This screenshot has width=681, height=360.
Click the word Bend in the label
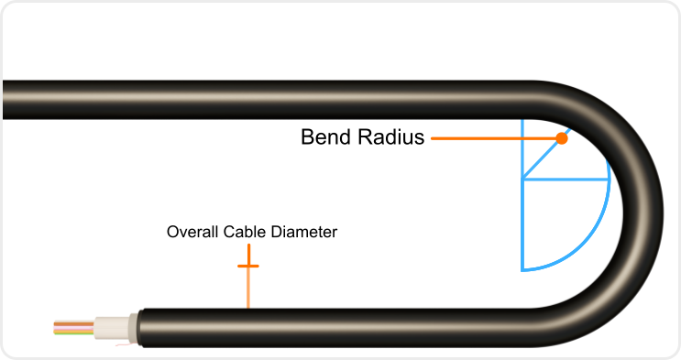pyautogui.click(x=324, y=138)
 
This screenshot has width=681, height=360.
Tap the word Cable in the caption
pyautogui.click(x=243, y=233)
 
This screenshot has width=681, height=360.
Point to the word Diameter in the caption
pyautogui.click(x=304, y=233)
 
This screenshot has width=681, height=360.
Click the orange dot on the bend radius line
pyautogui.click(x=561, y=138)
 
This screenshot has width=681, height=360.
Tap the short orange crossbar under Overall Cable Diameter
pyautogui.click(x=248, y=266)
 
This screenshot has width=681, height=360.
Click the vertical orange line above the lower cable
pyautogui.click(x=248, y=289)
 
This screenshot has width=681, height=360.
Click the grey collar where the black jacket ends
pyautogui.click(x=133, y=328)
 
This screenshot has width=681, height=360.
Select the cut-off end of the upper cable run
pyautogui.click(x=7, y=99)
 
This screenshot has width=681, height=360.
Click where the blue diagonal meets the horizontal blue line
pyautogui.click(x=522, y=180)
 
